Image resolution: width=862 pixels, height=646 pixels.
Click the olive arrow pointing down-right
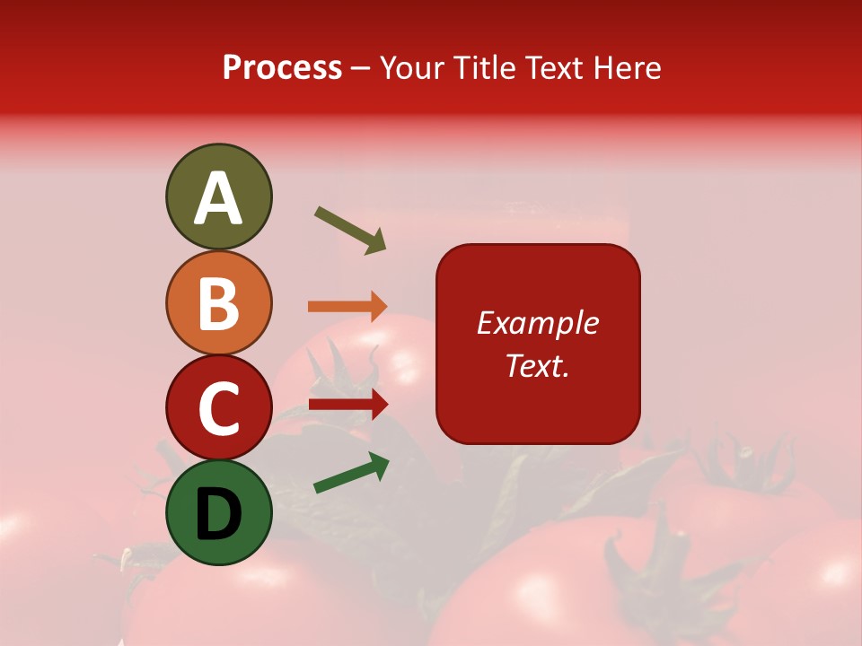point(350,230)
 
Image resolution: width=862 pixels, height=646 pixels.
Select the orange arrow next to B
point(348,306)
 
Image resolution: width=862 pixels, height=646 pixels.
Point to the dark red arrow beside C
point(348,404)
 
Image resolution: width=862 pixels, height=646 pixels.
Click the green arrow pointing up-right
point(351,473)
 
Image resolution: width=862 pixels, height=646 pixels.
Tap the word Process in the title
point(282,68)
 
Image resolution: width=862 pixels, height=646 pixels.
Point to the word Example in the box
point(538,323)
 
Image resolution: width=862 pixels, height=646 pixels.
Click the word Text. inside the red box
point(538,365)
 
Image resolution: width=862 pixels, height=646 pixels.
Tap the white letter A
point(218,199)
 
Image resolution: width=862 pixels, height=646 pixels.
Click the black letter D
point(218,513)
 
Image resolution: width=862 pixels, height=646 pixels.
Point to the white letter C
point(218,409)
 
